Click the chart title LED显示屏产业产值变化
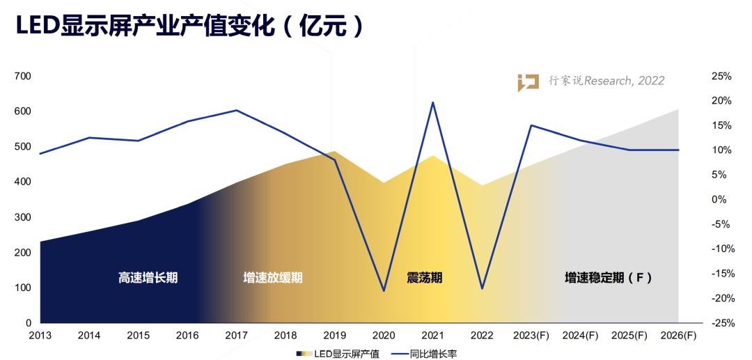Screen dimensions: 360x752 point(188,26)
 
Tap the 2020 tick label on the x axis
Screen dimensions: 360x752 point(384,336)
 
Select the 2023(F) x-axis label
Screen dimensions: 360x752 point(531,336)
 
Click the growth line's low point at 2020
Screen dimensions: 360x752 point(384,290)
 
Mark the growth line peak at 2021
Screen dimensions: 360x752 point(433,102)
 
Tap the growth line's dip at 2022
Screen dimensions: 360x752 point(482,288)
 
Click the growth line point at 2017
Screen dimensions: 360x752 point(237,110)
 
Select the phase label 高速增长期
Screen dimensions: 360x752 point(148,278)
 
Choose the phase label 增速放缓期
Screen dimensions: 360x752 point(273,278)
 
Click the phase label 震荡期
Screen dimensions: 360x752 point(425,278)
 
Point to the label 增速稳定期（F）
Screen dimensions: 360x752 point(608,278)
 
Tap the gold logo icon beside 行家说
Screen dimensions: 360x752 point(528,82)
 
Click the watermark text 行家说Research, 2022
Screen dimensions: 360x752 point(606,81)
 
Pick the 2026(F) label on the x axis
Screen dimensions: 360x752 point(678,336)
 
